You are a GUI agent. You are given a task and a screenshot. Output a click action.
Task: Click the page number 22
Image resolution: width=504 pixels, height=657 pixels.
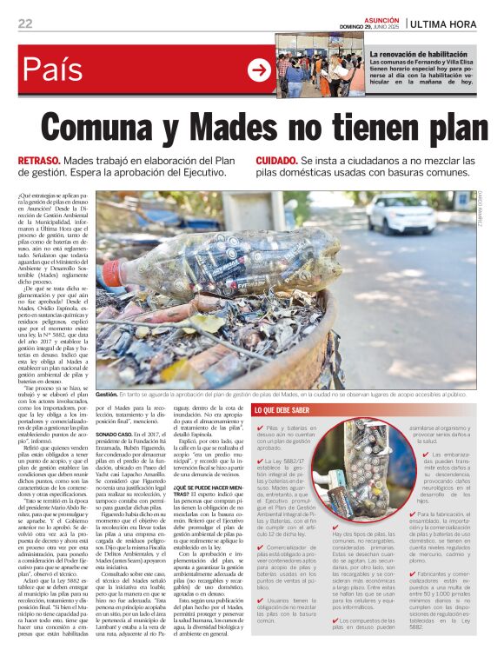tap(25, 23)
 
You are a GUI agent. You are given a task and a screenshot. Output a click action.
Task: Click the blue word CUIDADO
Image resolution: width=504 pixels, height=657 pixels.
tap(276, 162)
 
